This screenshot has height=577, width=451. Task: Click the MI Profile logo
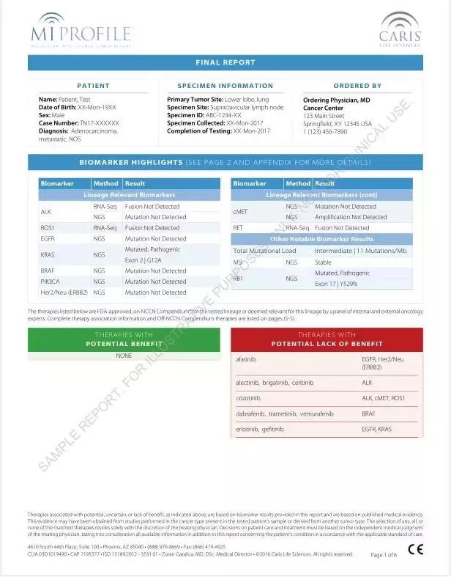[x=81, y=30]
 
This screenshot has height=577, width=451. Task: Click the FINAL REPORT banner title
[x=225, y=63]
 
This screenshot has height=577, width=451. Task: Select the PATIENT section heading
[x=93, y=86]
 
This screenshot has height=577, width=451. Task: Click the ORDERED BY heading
[x=357, y=86]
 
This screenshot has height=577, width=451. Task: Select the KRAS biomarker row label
[x=48, y=254]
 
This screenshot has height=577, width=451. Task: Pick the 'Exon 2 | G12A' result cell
[x=143, y=260]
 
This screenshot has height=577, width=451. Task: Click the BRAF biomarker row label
[x=48, y=271]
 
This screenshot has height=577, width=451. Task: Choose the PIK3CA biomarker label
[x=50, y=282]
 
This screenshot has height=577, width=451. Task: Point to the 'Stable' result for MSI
[x=323, y=262]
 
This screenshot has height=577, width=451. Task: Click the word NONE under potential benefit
[x=124, y=356]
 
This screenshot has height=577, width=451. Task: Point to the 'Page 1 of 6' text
[x=384, y=555]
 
